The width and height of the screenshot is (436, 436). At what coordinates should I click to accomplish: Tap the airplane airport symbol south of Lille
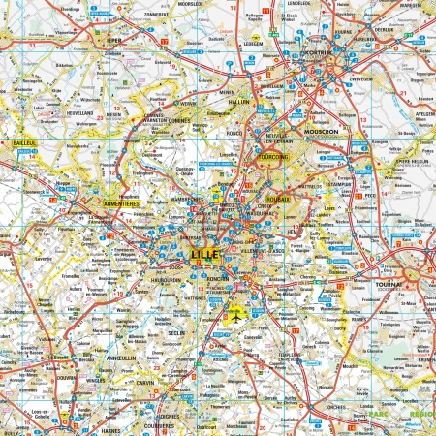(x=235, y=312)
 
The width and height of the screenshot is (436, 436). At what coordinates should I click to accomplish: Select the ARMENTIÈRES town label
(x=123, y=203)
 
